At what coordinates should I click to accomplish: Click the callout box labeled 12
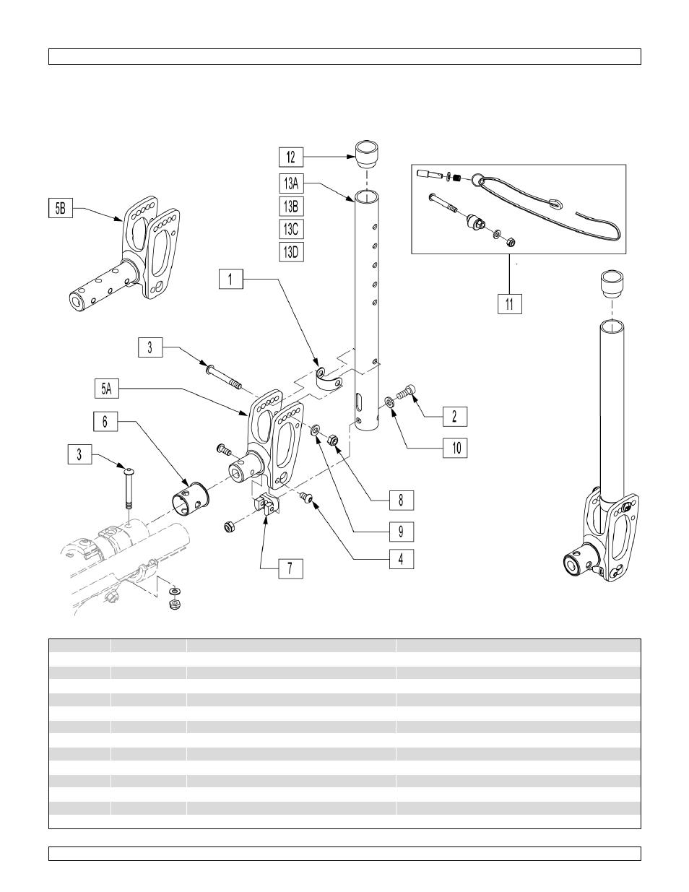(x=291, y=157)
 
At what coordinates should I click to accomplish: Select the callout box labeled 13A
(x=291, y=183)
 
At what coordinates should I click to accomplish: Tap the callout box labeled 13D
(x=291, y=252)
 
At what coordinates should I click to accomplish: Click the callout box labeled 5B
(x=61, y=208)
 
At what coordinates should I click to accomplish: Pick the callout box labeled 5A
(x=107, y=389)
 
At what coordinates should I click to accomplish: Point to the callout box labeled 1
(x=230, y=279)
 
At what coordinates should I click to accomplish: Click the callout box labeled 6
(x=105, y=422)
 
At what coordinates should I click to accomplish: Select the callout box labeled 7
(x=290, y=568)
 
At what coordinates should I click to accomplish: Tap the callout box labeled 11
(x=510, y=304)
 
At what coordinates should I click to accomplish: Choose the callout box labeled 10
(x=455, y=448)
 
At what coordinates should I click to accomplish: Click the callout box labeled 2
(x=455, y=417)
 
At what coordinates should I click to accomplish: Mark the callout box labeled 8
(x=402, y=501)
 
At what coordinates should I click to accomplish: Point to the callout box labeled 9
(x=402, y=532)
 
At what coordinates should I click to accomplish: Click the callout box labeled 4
(x=402, y=559)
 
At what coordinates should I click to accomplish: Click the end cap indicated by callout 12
(x=366, y=155)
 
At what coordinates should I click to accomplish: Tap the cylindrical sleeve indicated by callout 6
(x=191, y=499)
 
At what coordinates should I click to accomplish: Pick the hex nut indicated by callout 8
(x=332, y=441)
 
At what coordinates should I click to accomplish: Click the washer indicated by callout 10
(x=389, y=401)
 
